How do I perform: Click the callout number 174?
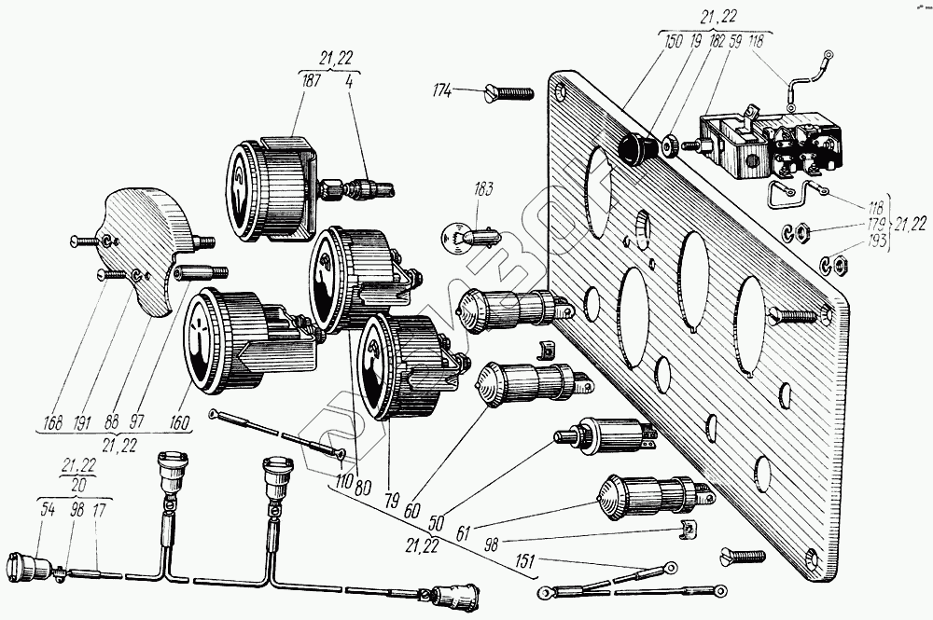point(441,90)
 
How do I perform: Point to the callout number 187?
point(311,82)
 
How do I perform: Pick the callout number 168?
point(52,422)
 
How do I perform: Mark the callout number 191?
point(84,422)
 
